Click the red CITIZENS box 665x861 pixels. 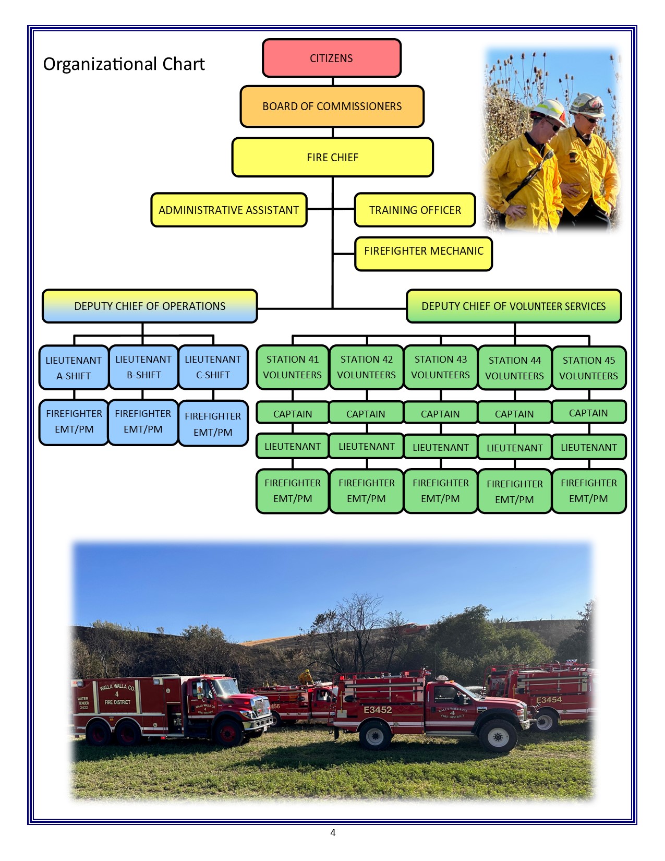[332, 58]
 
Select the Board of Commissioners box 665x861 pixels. [332, 106]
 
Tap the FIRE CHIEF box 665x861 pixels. [332, 158]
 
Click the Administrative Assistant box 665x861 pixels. [228, 210]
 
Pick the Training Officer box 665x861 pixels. [415, 210]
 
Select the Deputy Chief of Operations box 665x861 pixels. [150, 306]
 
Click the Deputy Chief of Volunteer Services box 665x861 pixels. [513, 306]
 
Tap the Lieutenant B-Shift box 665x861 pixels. [143, 367]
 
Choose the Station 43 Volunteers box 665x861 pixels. [440, 367]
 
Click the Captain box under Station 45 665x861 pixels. [588, 413]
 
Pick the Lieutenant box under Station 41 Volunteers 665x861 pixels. [293, 447]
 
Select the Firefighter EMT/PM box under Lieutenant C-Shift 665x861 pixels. [213, 424]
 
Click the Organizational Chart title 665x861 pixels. [124, 64]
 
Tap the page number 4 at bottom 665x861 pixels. [333, 833]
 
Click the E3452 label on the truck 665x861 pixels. [378, 710]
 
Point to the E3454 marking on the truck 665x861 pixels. [549, 700]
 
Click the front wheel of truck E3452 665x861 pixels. [498, 737]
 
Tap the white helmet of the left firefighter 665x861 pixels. [547, 110]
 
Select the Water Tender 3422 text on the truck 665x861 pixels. [83, 703]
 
